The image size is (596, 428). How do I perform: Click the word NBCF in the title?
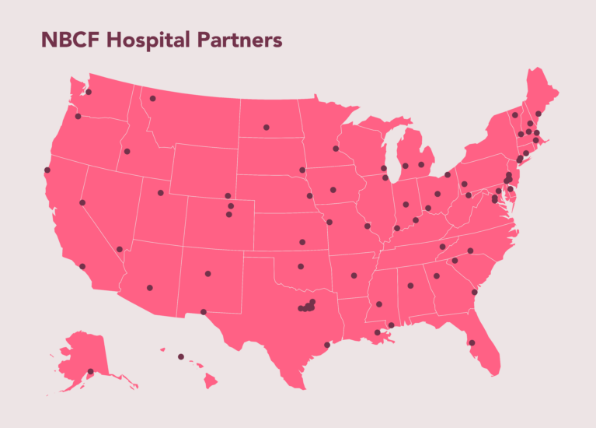70,40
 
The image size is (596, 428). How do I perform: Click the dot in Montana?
153,99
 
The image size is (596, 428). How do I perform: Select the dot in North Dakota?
266,127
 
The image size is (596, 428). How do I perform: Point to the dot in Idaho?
127,151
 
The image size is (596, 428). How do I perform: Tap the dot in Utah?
161,193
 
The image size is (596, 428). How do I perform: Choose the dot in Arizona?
150,288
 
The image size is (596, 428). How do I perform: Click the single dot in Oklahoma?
300,267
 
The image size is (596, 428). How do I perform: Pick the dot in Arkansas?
354,275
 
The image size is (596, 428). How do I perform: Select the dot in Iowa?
333,189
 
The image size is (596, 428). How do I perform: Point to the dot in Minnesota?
336,149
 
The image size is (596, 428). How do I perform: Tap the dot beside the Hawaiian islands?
181,356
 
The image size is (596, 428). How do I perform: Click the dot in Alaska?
90,371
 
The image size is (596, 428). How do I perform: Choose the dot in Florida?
472,342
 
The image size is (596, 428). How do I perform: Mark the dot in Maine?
538,114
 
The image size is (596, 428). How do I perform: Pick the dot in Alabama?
410,286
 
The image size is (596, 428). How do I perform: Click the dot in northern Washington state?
89,92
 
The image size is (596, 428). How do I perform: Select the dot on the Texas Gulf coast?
327,345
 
